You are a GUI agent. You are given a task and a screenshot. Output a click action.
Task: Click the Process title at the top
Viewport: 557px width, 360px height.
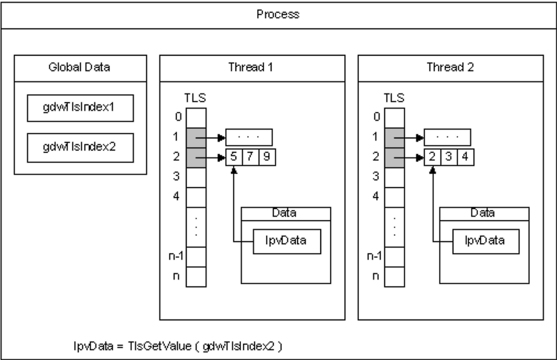pos(278,14)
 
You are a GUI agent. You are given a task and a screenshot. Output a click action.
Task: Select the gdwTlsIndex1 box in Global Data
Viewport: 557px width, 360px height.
pos(81,108)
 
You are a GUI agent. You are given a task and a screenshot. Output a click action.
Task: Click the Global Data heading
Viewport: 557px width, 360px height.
pos(80,68)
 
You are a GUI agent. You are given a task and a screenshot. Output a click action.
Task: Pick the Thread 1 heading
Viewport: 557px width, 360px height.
pos(252,68)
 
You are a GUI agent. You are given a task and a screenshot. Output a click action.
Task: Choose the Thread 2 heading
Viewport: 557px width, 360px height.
pos(450,68)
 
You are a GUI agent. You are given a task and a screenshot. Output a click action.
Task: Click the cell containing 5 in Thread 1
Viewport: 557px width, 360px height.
pos(234,157)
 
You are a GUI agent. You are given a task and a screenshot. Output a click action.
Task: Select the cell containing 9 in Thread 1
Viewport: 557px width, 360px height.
pos(267,157)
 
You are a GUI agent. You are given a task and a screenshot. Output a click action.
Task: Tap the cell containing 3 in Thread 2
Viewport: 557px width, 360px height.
pos(449,157)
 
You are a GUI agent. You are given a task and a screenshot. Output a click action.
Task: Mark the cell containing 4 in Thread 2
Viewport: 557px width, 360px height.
pos(465,157)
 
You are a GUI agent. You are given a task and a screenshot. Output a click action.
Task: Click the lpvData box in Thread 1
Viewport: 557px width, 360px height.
pos(287,241)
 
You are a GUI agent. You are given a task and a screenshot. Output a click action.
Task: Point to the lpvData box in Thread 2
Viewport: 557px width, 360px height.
pos(485,241)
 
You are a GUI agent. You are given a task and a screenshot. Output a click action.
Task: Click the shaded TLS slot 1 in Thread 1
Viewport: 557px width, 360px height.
pos(196,138)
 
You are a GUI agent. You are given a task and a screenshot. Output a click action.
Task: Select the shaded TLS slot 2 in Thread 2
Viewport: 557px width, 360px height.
pos(394,157)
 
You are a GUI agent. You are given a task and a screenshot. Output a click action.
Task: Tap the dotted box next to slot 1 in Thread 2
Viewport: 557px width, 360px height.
pos(447,138)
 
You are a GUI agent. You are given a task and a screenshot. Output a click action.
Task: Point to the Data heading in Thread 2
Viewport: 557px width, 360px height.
pos(484,213)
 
